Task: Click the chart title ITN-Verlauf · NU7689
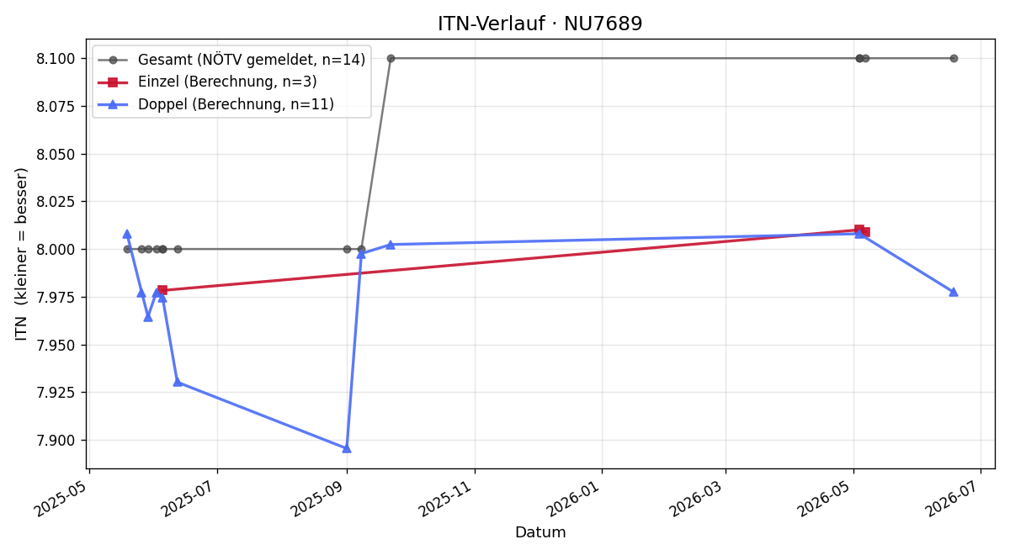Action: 540,24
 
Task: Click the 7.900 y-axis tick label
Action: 56,440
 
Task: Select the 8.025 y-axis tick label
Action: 56,201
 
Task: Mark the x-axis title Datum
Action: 540,532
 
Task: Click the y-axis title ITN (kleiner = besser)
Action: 21,254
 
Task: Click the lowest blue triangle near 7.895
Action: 347,448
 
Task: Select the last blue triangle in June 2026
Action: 953,292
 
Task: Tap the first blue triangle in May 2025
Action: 127,234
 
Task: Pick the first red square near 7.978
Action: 162,289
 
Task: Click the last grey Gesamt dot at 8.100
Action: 953,59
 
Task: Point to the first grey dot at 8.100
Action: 391,59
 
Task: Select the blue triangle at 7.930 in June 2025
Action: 178,382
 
